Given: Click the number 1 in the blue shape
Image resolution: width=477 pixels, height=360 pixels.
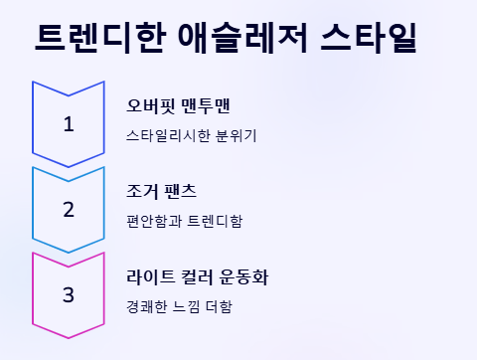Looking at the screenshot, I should pos(69,124).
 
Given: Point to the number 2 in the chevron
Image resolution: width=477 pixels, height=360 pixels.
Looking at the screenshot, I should pos(69,210).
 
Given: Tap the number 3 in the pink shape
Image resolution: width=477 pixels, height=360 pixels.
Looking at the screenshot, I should pos(69,295).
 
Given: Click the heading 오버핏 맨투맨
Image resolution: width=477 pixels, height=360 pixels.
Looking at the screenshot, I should pos(179,105).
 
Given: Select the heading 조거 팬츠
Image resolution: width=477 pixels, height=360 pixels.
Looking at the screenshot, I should pos(162,191).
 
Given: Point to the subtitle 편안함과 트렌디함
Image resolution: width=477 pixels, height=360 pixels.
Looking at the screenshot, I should pos(185,220).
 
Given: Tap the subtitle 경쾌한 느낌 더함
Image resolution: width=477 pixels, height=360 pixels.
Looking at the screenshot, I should pos(180,305).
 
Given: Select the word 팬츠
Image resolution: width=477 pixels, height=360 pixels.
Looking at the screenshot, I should pos(182,191).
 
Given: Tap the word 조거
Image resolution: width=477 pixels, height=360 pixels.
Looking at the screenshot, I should pos(140,191).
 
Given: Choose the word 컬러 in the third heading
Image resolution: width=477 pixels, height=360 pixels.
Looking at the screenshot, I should pos(199,276).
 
